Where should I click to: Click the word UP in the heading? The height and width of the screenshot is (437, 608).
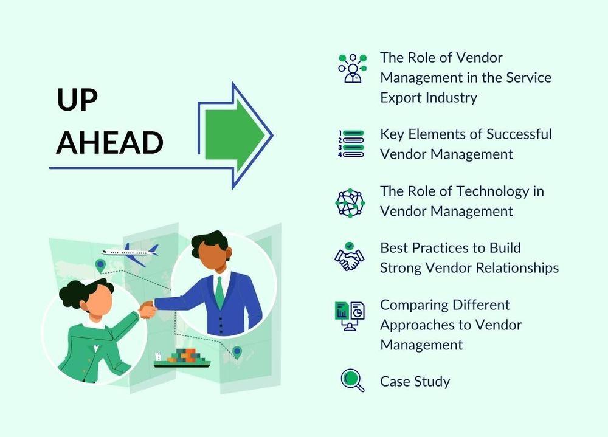pyautogui.click(x=77, y=100)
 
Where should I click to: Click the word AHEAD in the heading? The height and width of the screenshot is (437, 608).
pyautogui.click(x=109, y=142)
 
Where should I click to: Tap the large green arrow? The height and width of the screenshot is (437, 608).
pyautogui.click(x=234, y=136)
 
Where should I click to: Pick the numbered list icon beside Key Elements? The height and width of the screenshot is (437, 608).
pyautogui.click(x=351, y=143)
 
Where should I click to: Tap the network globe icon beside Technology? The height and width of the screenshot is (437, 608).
pyautogui.click(x=350, y=203)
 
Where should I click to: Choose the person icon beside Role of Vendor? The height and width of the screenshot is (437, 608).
pyautogui.click(x=352, y=69)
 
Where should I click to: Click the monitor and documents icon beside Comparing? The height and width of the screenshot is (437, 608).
pyautogui.click(x=350, y=316)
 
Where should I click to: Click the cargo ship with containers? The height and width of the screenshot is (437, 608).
pyautogui.click(x=182, y=358)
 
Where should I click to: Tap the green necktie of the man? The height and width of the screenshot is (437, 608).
pyautogui.click(x=219, y=293)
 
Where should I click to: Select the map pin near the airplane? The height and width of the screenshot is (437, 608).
pyautogui.click(x=100, y=266)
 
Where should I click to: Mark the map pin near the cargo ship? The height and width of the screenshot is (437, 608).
pyautogui.click(x=237, y=352)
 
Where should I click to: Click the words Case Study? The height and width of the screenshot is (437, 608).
pyautogui.click(x=415, y=382)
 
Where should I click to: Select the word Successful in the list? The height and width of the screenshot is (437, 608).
pyautogui.click(x=519, y=134)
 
